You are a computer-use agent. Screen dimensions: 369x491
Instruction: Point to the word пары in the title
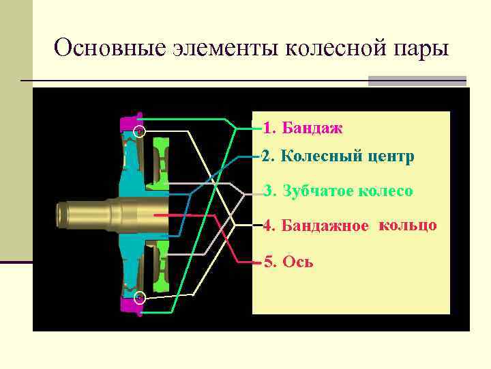(x=422, y=50)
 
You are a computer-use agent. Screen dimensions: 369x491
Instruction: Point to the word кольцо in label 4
(x=408, y=225)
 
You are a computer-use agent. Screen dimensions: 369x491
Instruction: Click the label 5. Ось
(x=289, y=262)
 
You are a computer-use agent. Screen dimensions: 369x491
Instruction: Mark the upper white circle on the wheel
(x=139, y=132)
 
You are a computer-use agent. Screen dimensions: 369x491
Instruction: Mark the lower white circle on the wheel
(x=139, y=297)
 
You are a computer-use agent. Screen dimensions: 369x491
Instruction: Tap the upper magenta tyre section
(x=129, y=123)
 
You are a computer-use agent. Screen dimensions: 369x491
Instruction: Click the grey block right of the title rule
(x=417, y=81)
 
